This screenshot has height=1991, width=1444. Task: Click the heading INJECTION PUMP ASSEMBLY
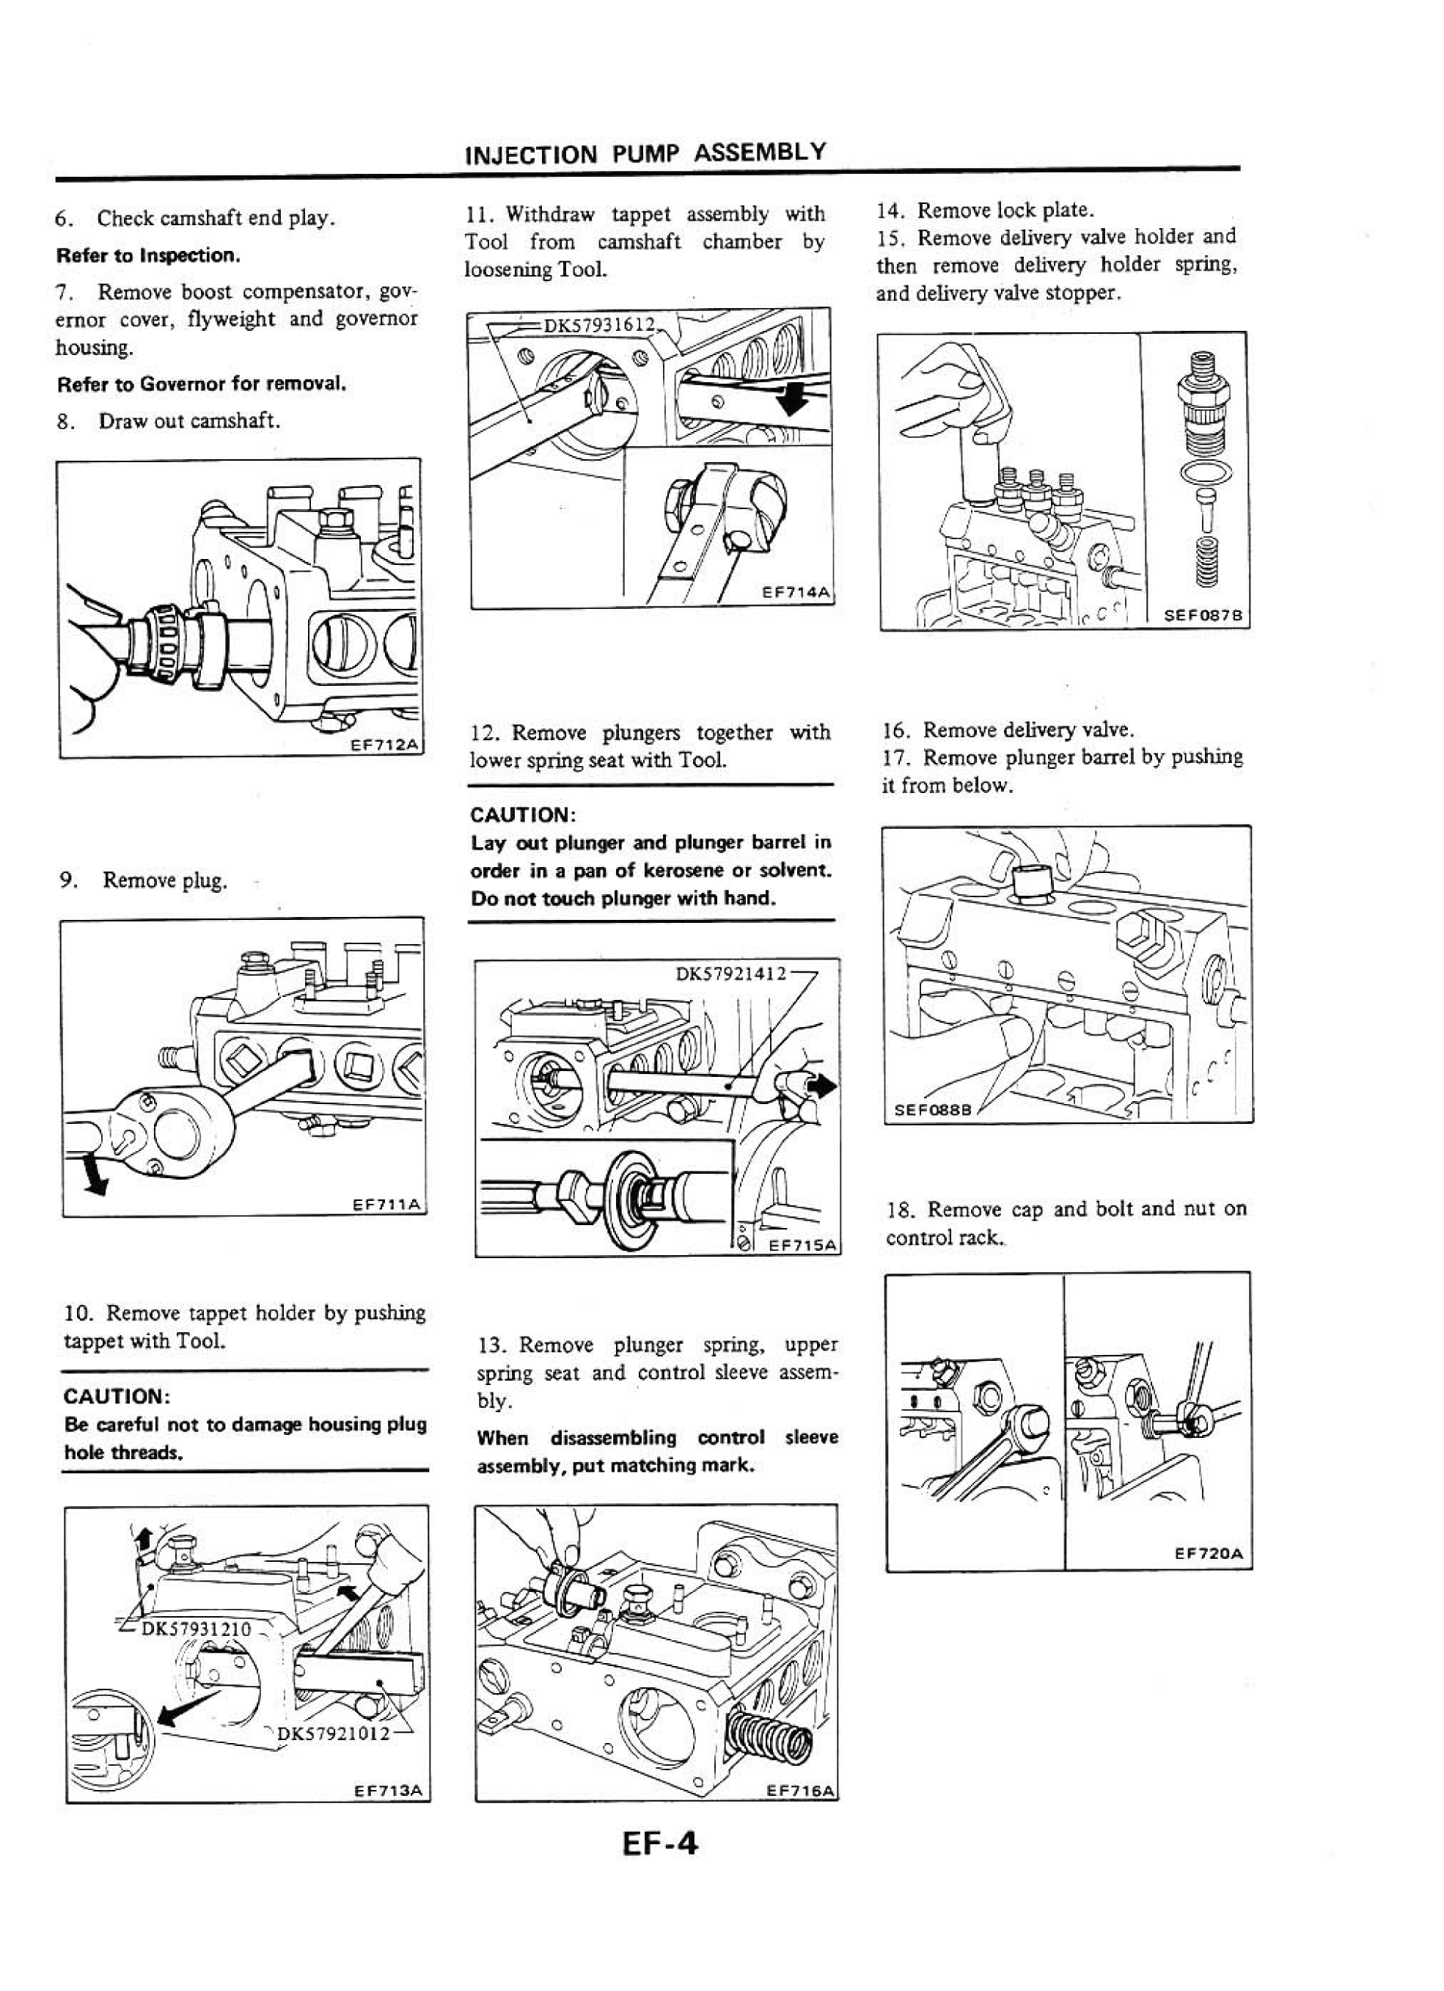pyautogui.click(x=645, y=153)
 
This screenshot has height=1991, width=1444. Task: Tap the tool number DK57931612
pyautogui.click(x=600, y=325)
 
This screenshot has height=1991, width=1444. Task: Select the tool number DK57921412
pyautogui.click(x=731, y=973)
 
